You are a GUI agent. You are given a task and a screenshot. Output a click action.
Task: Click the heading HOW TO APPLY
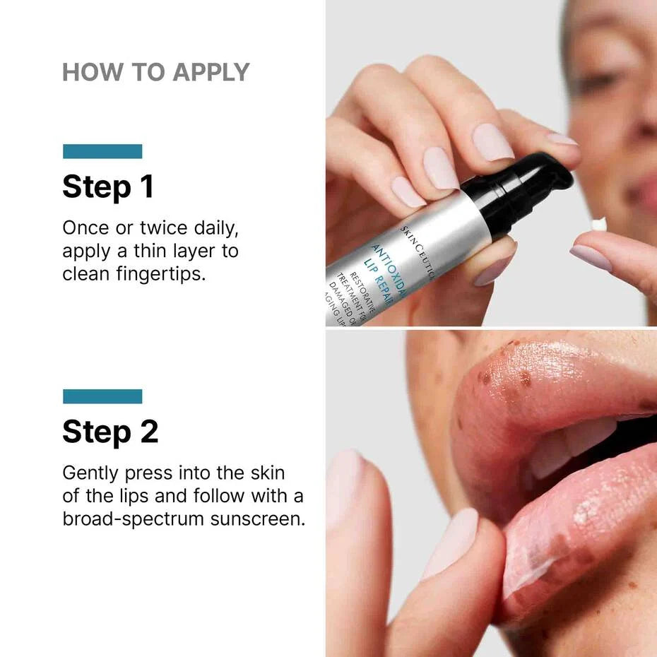[x=155, y=72]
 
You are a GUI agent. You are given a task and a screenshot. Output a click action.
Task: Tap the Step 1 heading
[x=108, y=187]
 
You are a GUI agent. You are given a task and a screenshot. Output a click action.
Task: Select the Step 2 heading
[x=110, y=432]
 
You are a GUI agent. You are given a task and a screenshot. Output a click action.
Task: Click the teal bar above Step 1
[x=102, y=151]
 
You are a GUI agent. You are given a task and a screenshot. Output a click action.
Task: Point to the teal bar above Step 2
[x=102, y=396]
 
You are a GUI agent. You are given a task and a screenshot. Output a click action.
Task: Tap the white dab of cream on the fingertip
[x=599, y=225]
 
